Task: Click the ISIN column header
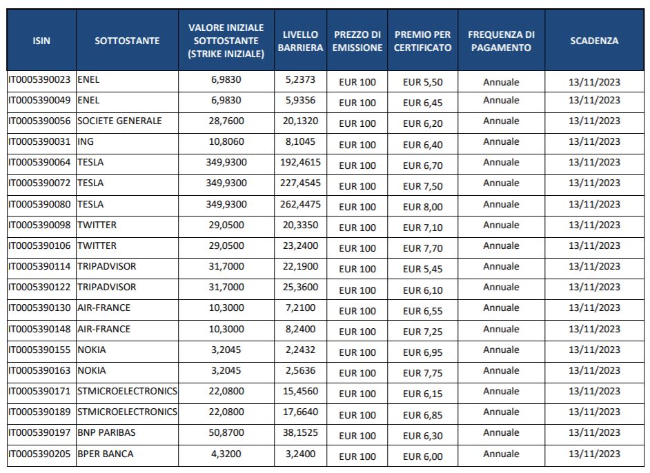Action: [x=41, y=41]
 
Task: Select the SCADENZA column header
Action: [x=594, y=41]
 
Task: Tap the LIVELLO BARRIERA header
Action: [x=300, y=41]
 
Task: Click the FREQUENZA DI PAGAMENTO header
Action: [x=501, y=41]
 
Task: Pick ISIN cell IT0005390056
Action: [x=39, y=121]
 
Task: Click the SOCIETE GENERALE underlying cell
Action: [x=119, y=121]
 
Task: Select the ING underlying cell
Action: [x=86, y=141]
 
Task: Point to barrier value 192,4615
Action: [x=300, y=162]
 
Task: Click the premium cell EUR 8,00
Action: [x=422, y=207]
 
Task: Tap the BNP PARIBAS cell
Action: [x=106, y=432]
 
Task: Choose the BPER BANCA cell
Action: [x=106, y=454]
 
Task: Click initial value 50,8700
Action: [x=226, y=432]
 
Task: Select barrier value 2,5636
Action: [x=300, y=370]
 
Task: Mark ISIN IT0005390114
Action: [x=39, y=266]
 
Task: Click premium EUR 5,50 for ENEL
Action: [x=422, y=82]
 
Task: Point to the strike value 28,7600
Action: [x=226, y=121]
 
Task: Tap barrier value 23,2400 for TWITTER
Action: [x=300, y=245]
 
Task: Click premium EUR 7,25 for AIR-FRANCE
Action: [x=422, y=332]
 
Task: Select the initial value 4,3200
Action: [x=226, y=454]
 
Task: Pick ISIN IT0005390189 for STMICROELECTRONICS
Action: [x=39, y=412]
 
